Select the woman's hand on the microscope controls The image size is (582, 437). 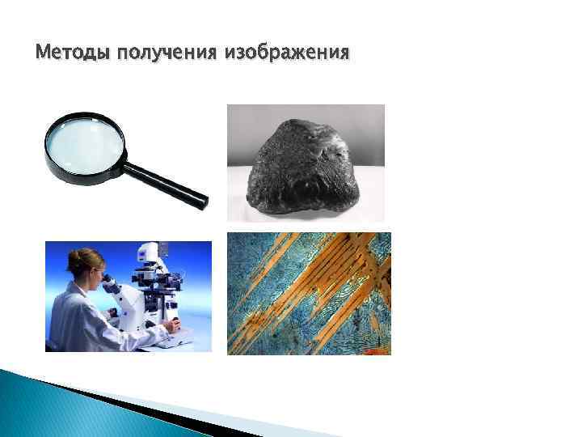(170, 326)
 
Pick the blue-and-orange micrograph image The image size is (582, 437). (309, 293)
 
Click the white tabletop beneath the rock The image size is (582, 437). (242, 202)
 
